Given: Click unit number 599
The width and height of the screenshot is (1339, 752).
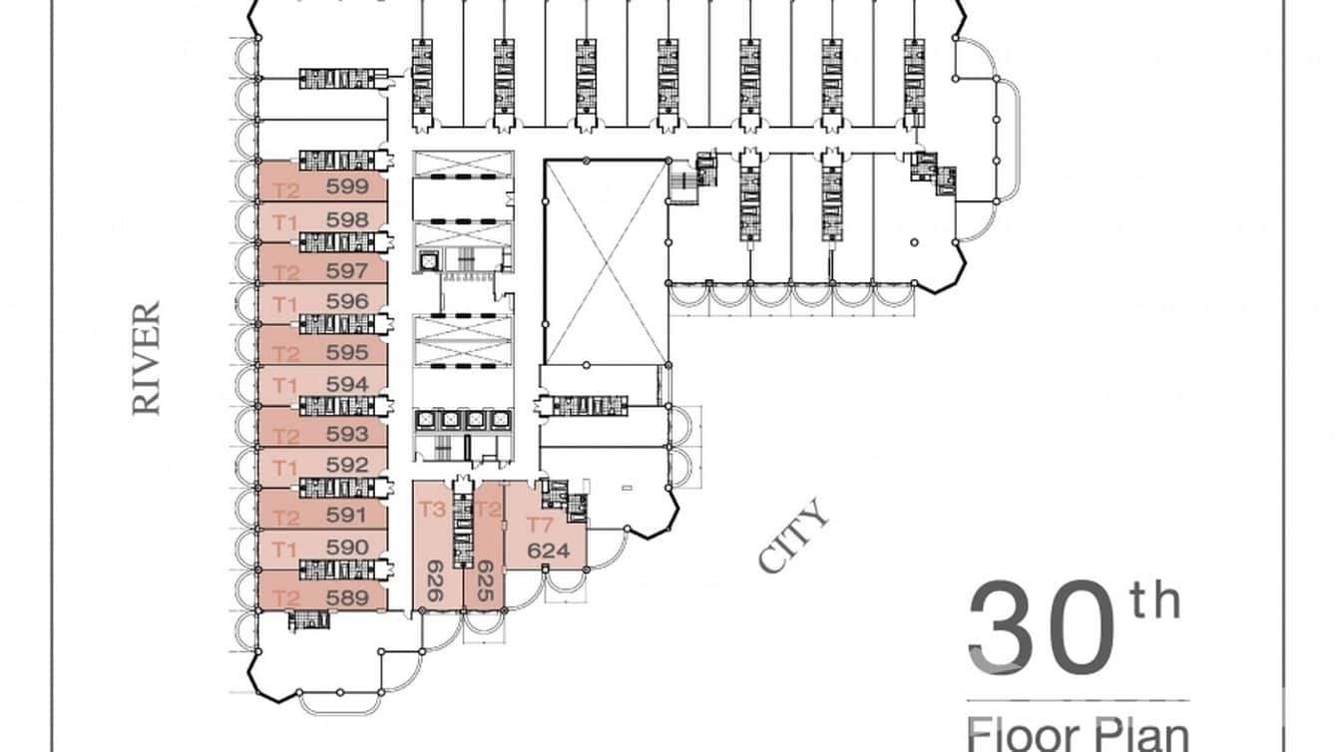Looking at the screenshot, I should point(347,188).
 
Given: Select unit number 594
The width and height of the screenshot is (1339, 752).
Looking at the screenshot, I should point(347,384).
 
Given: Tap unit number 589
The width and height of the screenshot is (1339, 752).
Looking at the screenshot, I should point(347,598).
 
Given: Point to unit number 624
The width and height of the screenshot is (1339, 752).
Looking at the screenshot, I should point(546,551).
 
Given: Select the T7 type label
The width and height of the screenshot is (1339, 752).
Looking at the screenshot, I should point(540,526).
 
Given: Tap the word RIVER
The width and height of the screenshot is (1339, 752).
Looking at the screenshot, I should point(147,359).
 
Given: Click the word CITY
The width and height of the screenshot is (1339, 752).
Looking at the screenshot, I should point(794,537).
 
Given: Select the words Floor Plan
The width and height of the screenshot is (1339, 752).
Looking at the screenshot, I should point(1078,733).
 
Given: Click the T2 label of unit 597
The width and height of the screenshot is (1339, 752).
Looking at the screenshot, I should point(286,272).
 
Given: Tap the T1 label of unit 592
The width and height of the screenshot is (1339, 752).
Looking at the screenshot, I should point(286,467).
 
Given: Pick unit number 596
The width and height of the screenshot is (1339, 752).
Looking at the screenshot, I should point(347,301).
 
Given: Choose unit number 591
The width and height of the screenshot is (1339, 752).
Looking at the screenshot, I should point(347,517).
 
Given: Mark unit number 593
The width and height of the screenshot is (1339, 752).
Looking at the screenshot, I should point(347,435).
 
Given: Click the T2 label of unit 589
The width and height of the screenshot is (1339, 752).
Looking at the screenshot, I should point(286,598).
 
